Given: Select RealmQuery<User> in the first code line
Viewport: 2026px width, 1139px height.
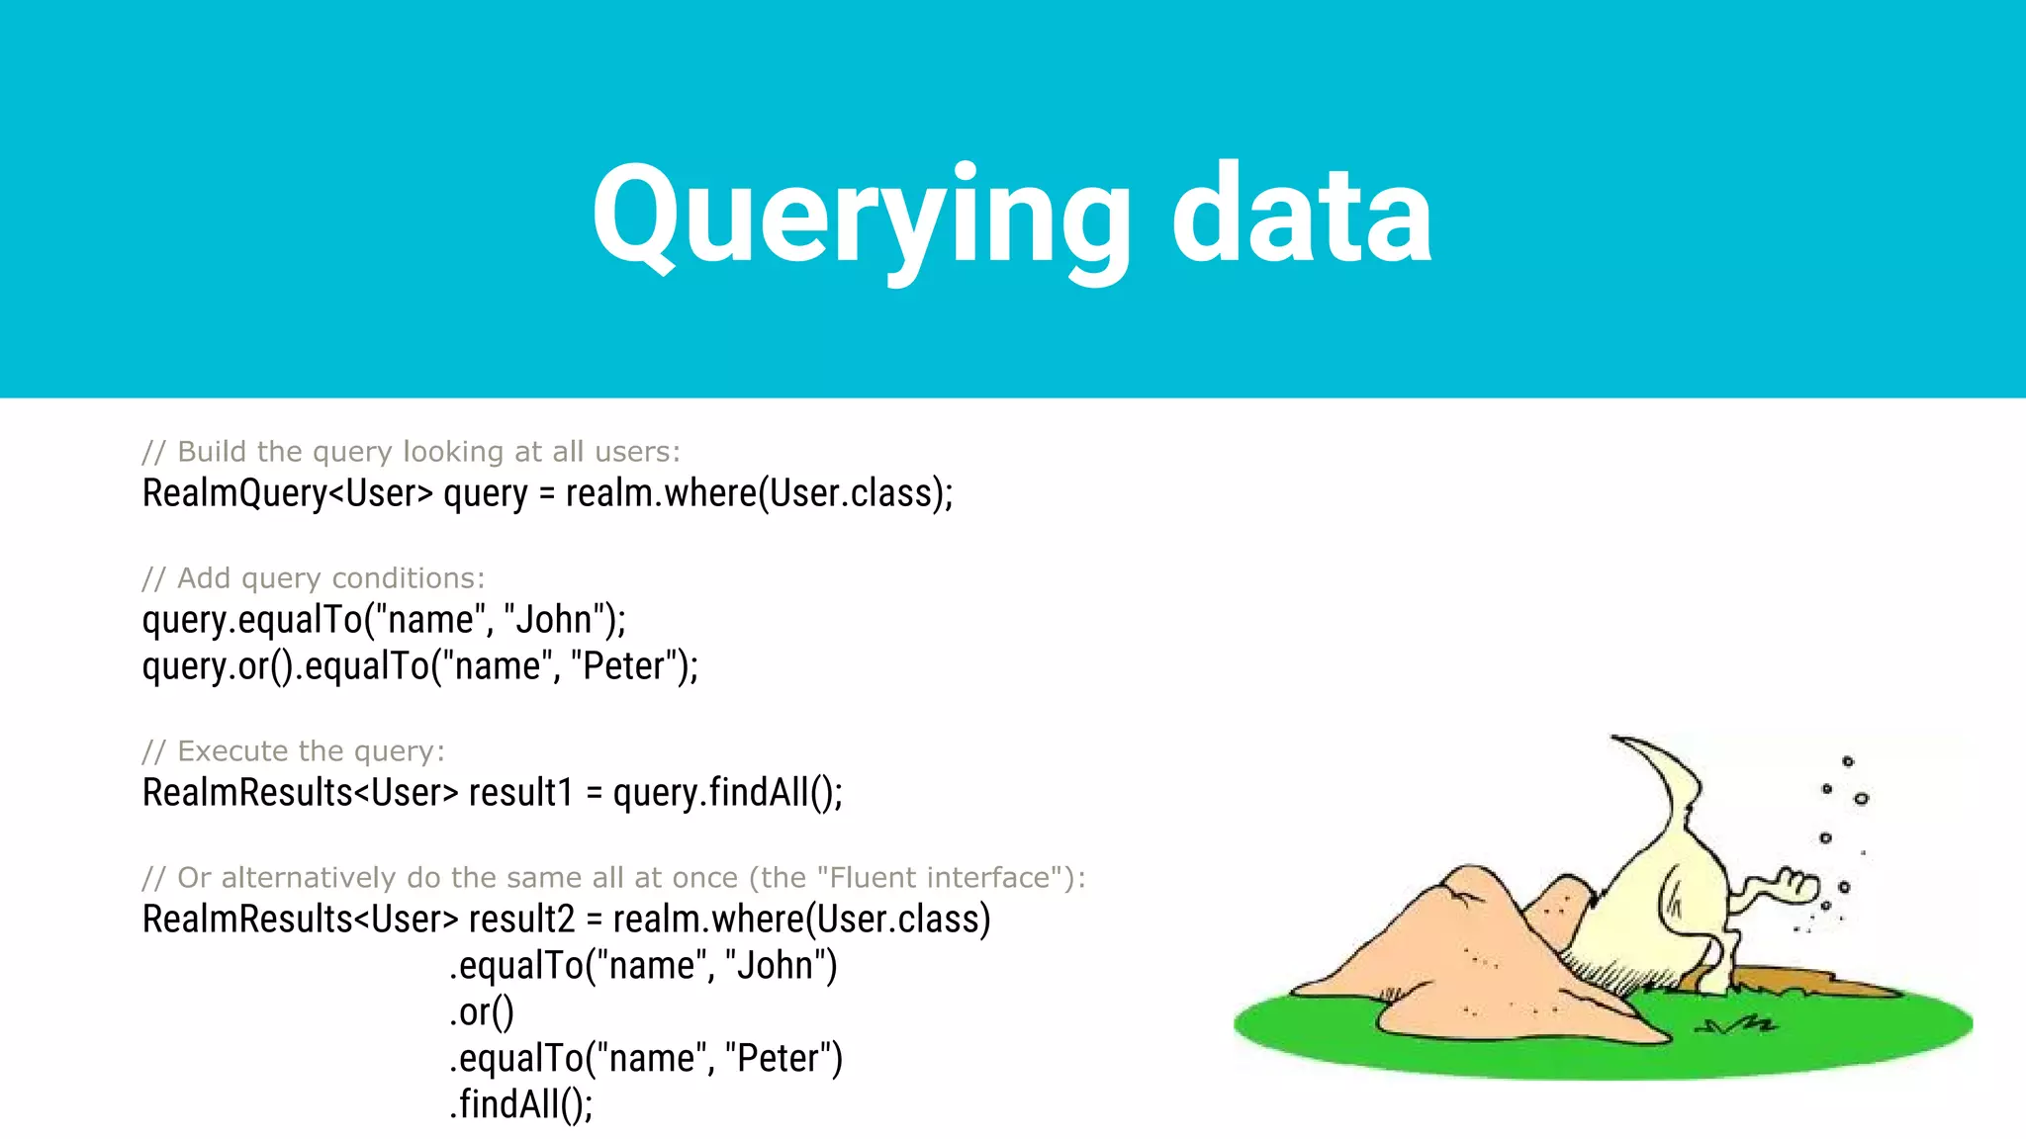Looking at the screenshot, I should [287, 493].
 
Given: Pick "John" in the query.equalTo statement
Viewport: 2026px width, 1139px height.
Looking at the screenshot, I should [548, 620].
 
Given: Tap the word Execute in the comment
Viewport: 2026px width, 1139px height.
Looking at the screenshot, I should [233, 751].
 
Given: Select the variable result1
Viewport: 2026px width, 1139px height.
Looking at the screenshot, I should [521, 793].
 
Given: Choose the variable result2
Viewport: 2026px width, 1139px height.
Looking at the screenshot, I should [521, 920].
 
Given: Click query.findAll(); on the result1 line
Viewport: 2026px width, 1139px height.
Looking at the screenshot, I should [727, 793].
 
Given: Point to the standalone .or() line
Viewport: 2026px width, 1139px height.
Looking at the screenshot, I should [482, 1012].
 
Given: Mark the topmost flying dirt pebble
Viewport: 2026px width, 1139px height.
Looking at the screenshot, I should [1847, 761].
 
